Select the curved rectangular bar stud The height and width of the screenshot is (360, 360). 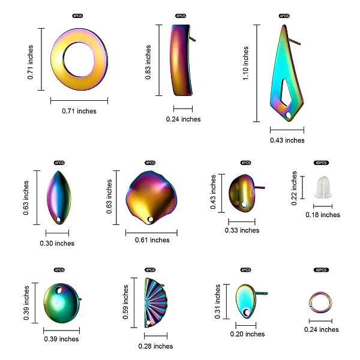[x=182, y=60]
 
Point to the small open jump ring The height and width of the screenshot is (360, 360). [x=320, y=302]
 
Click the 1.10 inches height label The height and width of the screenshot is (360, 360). [x=246, y=64]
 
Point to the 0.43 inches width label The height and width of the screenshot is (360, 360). [x=287, y=140]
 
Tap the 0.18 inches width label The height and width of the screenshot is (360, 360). [x=323, y=215]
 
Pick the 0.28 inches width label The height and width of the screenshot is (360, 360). [x=155, y=346]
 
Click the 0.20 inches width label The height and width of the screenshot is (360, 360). [x=247, y=334]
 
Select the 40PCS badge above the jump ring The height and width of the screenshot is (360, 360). [x=321, y=271]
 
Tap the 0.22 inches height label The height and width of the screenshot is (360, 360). [x=295, y=188]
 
